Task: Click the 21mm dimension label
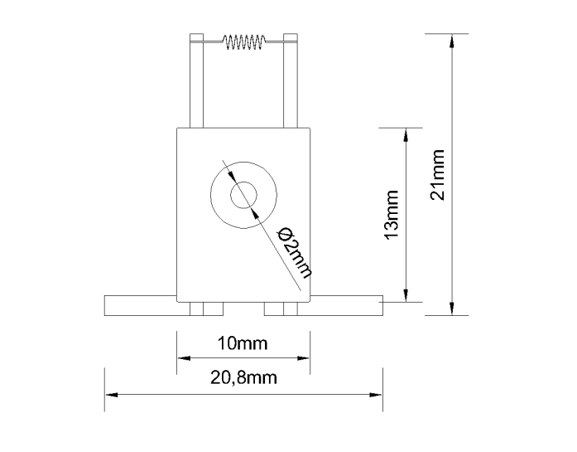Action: pos(438,175)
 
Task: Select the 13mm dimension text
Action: pos(392,215)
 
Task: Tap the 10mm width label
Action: pos(243,343)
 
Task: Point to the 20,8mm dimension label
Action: pos(243,377)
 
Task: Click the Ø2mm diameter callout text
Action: pos(296,253)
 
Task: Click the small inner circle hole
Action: pos(243,195)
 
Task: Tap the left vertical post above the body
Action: pos(196,80)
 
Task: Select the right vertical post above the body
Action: pos(291,80)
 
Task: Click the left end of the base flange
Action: pos(106,305)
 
